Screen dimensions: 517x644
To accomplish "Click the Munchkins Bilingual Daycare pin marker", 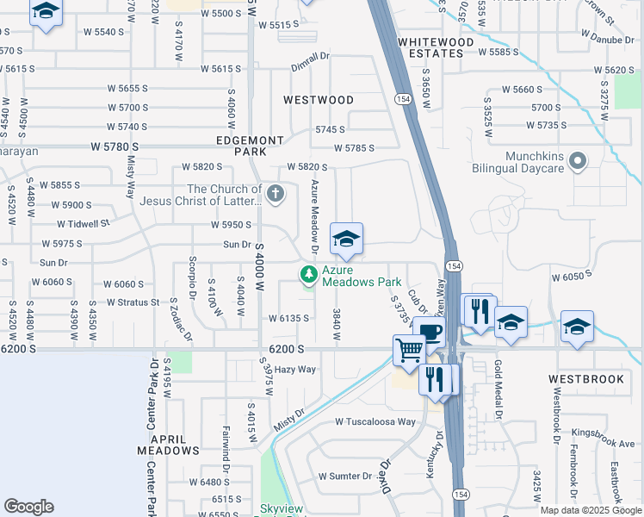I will [x=579, y=160].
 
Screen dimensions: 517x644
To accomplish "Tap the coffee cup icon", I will [x=428, y=331].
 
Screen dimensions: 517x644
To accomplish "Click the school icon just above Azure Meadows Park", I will [x=346, y=239].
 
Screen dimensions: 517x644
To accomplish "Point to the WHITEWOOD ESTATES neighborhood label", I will [x=436, y=47].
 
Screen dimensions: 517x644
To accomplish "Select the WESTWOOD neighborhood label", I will [x=319, y=100].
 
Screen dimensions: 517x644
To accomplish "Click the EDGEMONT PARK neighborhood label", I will [x=249, y=146].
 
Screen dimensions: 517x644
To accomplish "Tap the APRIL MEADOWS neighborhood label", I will [x=169, y=444].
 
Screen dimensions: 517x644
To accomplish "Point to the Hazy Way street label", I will [x=294, y=370].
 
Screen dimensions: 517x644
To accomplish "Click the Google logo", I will [x=28, y=507].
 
